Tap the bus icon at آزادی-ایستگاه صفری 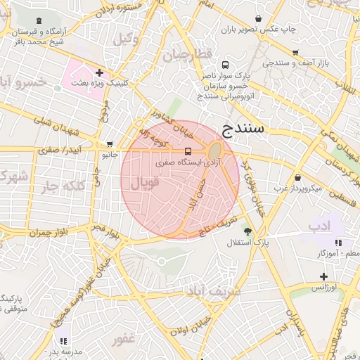[188, 151]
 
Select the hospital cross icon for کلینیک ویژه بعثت [100, 72]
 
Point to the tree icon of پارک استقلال [247, 231]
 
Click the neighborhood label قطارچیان [188, 56]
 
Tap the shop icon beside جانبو [109, 143]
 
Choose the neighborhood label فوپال [145, 183]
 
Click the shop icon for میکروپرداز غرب [298, 178]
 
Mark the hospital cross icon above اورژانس [323, 276]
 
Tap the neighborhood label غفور [124, 340]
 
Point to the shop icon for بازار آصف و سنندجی [295, 53]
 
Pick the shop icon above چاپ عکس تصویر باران [259, 18]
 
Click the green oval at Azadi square [214, 150]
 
